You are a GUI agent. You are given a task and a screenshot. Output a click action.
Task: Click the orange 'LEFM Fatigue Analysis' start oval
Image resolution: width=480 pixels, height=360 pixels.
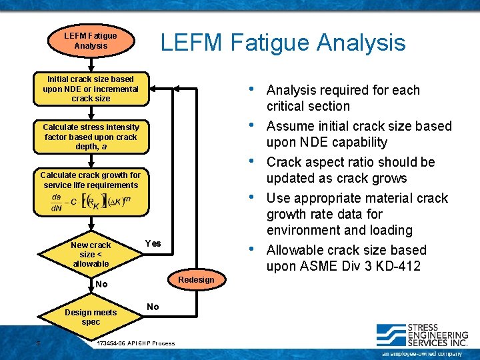[91, 41]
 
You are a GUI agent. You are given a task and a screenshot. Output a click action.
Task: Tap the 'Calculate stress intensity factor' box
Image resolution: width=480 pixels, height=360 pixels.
[91, 137]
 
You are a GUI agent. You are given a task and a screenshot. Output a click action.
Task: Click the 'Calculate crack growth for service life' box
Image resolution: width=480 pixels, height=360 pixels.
[91, 180]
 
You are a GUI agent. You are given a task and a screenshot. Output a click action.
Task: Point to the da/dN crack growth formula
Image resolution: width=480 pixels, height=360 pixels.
[91, 202]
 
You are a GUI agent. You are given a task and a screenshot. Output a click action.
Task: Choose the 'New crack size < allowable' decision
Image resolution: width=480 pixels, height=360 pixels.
[91, 254]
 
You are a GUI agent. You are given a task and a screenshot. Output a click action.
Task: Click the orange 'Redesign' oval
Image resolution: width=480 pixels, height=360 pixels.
[196, 279]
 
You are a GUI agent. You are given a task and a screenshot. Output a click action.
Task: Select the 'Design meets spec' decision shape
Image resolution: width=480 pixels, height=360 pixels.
[91, 317]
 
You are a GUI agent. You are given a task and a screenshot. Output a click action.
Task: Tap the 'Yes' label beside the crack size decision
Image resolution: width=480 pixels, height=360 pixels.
[153, 243]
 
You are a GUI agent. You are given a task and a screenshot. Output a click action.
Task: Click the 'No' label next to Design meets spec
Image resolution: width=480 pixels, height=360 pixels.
[153, 307]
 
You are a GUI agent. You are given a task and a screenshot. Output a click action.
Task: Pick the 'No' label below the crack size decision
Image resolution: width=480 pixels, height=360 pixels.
[101, 284]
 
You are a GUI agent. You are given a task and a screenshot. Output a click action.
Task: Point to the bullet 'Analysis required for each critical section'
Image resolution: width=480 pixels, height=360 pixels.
[343, 98]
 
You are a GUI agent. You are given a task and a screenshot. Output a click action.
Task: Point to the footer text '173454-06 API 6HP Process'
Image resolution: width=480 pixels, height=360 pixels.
[136, 343]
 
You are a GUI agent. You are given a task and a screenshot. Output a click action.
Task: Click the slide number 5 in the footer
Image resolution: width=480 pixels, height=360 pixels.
[38, 343]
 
